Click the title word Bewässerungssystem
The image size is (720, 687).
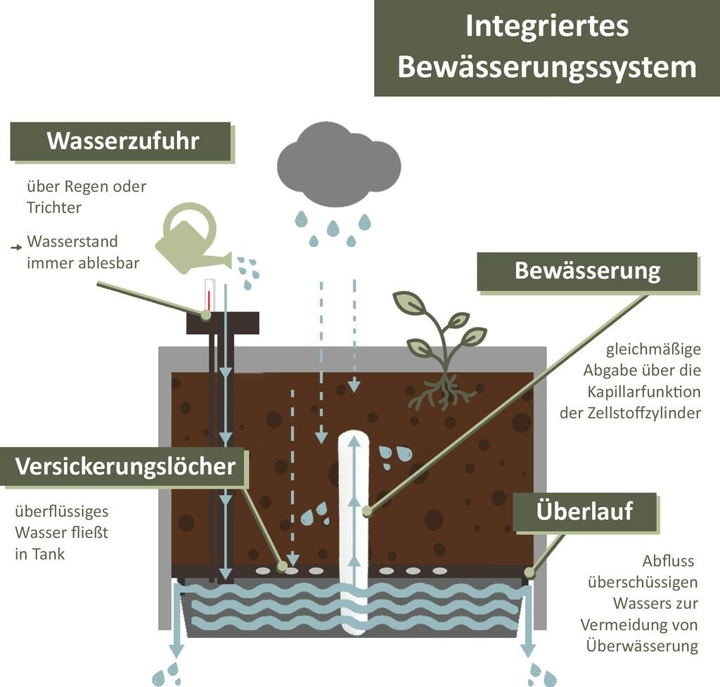(x=547, y=68)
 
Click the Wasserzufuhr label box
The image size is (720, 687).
(x=122, y=141)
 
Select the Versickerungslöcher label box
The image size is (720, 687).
(x=125, y=467)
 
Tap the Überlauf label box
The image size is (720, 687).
(x=584, y=511)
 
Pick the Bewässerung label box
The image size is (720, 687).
(x=587, y=271)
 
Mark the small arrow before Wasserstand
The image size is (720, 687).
(x=16, y=248)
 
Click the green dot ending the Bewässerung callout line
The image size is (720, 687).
(x=366, y=512)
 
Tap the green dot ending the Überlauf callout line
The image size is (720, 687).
(x=529, y=573)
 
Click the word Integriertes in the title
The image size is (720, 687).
(x=546, y=27)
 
